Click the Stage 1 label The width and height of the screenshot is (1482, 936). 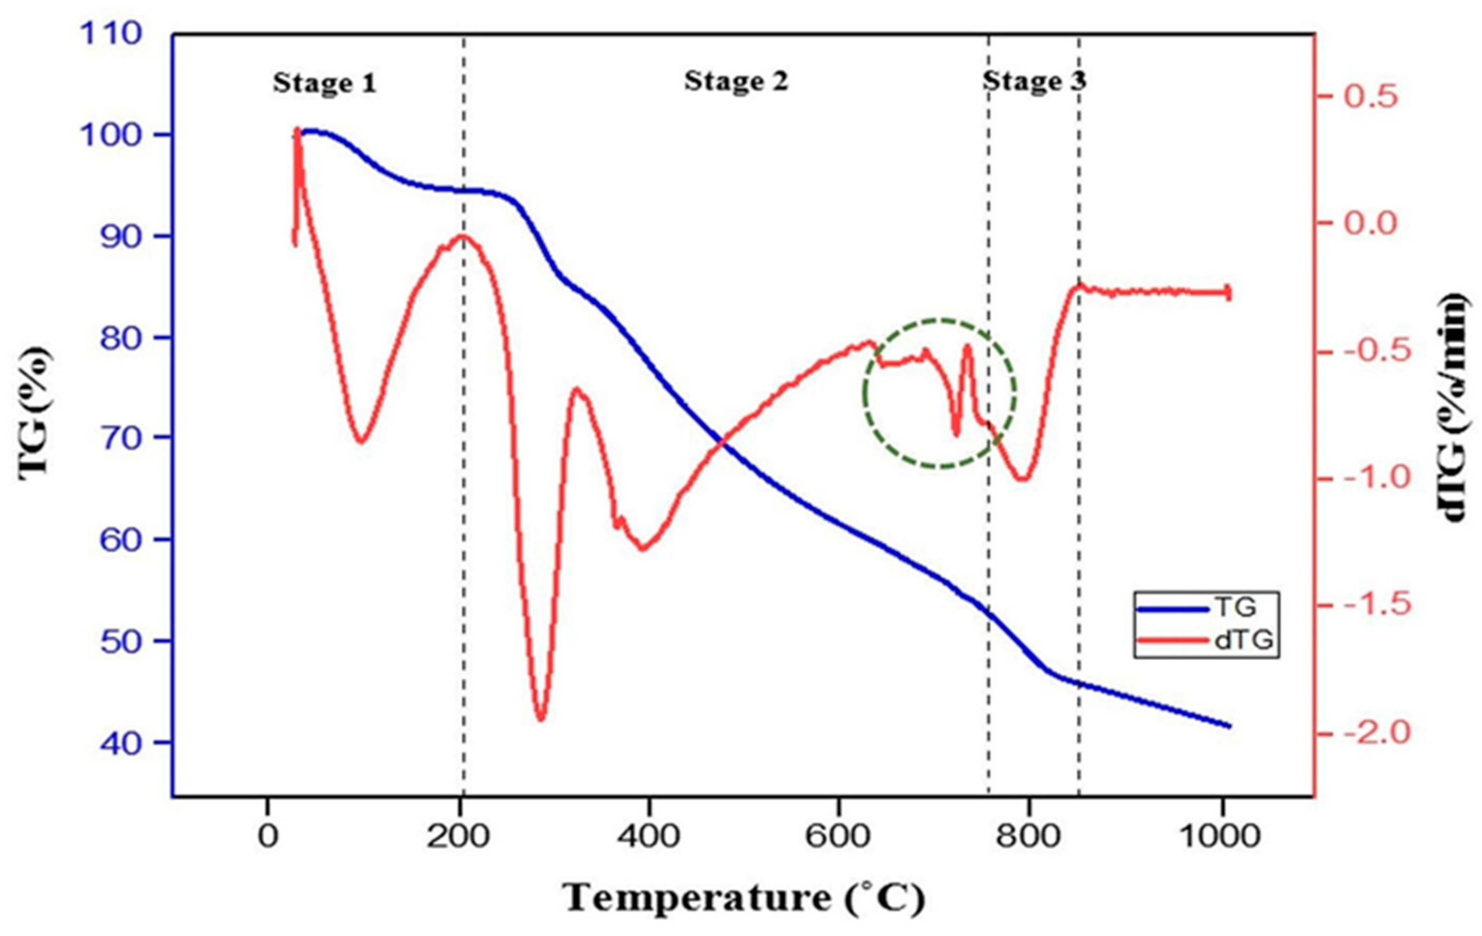coord(324,83)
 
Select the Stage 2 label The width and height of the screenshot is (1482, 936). coord(736,81)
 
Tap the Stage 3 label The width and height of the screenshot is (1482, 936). coord(1034,81)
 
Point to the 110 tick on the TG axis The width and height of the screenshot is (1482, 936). coord(111,34)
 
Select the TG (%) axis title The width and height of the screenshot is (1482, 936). coord(35,413)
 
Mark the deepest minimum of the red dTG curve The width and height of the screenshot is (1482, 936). coord(541,719)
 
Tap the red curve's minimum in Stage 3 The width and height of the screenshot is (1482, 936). coord(1022,479)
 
